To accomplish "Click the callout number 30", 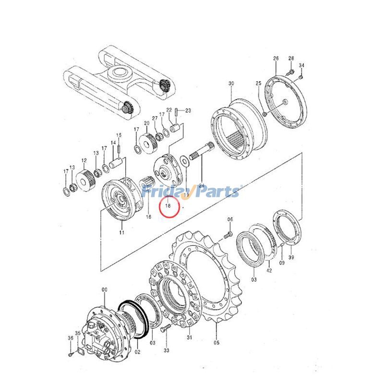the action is (231, 83).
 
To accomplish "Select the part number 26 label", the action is (276, 58).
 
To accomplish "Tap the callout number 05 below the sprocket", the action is (216, 343).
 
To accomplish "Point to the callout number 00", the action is (105, 290).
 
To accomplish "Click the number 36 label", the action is (71, 338).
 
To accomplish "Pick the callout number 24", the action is (201, 186).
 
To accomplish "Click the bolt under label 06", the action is (228, 235).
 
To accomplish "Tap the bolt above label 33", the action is (165, 328).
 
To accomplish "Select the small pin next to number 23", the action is (177, 112).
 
